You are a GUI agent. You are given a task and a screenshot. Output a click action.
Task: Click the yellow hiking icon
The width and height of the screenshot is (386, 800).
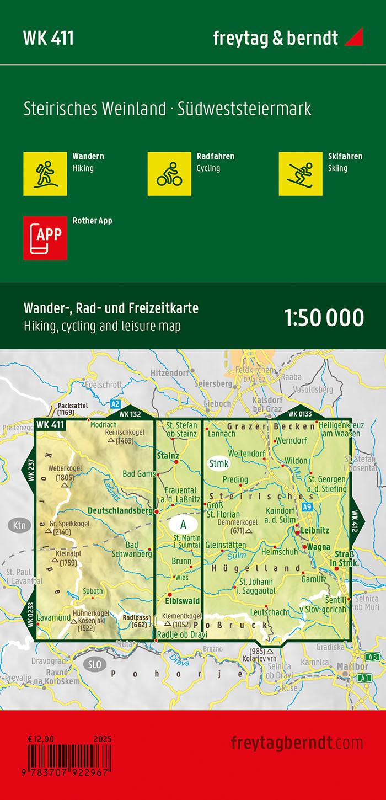pyautogui.click(x=45, y=173)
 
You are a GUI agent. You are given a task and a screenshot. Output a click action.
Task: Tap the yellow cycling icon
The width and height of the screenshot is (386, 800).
pyautogui.click(x=169, y=173)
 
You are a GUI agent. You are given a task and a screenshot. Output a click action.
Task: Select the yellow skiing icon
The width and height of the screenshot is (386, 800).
pyautogui.click(x=301, y=173)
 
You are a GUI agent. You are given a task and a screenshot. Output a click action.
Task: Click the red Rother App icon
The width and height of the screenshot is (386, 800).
pyautogui.click(x=45, y=238)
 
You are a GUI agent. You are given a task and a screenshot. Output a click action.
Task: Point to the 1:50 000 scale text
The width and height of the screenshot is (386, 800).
pyautogui.click(x=324, y=318)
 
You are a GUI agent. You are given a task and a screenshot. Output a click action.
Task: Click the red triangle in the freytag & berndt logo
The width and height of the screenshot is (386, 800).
pyautogui.click(x=354, y=38)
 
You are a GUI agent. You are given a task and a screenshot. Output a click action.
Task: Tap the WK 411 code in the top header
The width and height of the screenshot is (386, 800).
pyautogui.click(x=49, y=38)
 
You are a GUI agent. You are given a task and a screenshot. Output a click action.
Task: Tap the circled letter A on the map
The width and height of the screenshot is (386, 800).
pyautogui.click(x=183, y=523)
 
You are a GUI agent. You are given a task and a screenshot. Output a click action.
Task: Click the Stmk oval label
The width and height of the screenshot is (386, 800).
pyautogui.click(x=218, y=463)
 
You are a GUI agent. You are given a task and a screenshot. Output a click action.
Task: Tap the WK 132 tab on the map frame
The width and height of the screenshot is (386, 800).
pyautogui.click(x=130, y=414)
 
